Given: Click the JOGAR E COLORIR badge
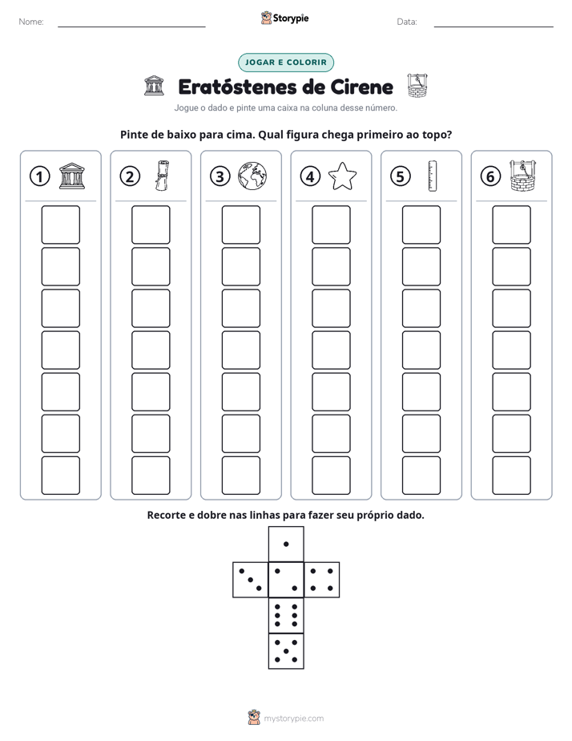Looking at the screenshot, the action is click(285, 63).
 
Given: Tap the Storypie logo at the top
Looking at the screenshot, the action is click(284, 18).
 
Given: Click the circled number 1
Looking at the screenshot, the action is click(39, 176).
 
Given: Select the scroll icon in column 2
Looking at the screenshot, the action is click(162, 176).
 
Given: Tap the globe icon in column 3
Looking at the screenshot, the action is click(252, 176).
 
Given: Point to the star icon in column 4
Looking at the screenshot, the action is click(342, 176).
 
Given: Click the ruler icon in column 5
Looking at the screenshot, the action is click(433, 176).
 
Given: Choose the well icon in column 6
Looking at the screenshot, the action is click(523, 176).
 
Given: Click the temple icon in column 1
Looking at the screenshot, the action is click(72, 176).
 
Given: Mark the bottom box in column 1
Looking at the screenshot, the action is click(60, 476).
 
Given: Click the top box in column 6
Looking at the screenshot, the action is click(511, 225).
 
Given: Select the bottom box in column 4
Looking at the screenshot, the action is click(331, 476).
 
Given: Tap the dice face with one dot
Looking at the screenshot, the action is click(286, 544).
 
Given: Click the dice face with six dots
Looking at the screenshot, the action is click(286, 615).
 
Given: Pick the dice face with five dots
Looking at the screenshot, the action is click(286, 651).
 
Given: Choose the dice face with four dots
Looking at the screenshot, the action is click(322, 580).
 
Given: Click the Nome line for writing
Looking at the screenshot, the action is click(131, 26).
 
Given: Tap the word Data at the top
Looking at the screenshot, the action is click(407, 22).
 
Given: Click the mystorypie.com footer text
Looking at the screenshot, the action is click(293, 719).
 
